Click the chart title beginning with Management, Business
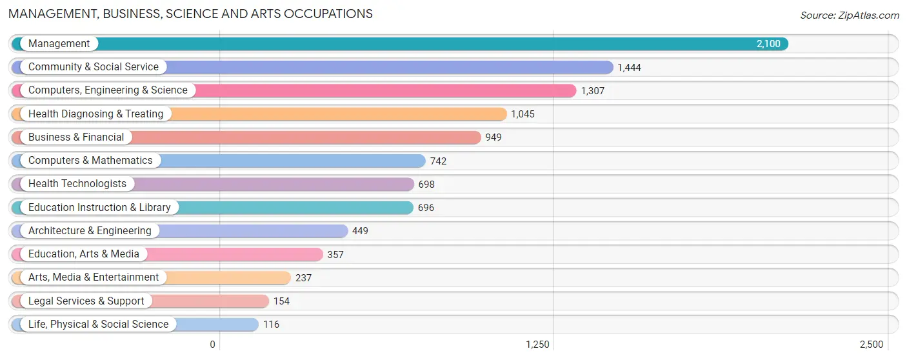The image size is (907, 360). point(190,14)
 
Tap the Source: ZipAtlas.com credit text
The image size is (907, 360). point(850,15)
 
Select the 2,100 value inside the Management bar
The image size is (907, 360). point(768,44)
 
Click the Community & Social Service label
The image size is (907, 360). point(94,67)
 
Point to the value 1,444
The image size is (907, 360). point(629,68)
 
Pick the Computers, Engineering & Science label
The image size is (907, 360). point(108,90)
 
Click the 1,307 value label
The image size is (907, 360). point(593,91)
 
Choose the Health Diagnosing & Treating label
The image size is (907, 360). point(96,114)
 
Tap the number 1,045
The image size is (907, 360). point(523,114)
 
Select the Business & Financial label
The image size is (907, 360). point(76,137)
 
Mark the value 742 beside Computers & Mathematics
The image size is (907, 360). point(438,161)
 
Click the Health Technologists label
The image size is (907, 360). point(77,184)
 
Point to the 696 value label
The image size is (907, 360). point(426,208)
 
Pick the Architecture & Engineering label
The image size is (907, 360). point(90,231)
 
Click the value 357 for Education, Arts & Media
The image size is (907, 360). point(335,255)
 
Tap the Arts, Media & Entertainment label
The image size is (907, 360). point(94,277)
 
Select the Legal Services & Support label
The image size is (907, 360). point(86,301)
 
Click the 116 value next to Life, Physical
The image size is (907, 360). point(272,325)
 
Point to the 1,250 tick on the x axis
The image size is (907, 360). point(537,345)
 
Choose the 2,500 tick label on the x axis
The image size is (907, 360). point(872,345)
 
